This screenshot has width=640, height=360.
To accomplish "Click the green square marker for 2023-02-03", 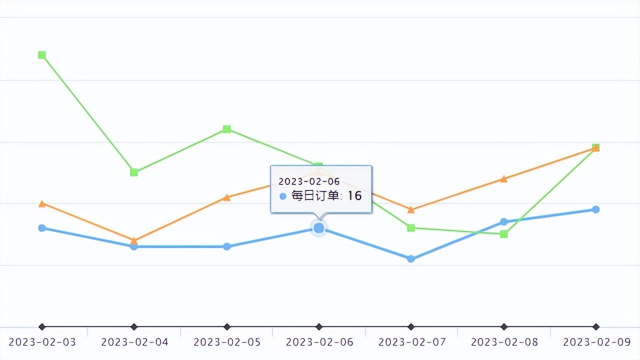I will tap(42, 55).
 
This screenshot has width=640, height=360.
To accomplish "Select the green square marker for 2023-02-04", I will tap(134, 172).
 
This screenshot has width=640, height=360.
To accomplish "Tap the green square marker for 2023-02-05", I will tap(226, 129).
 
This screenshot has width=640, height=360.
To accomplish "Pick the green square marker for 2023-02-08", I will tap(504, 234).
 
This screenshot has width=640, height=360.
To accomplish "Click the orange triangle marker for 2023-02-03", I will tap(42, 203).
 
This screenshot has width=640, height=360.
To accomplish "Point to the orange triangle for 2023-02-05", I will tap(226, 197).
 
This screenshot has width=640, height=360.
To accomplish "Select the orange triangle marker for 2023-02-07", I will tap(411, 209).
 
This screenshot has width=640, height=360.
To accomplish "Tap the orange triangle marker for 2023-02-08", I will tap(504, 178).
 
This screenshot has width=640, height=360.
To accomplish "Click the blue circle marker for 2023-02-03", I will tap(42, 228).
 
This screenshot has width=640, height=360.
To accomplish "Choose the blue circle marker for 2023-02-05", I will tap(226, 246).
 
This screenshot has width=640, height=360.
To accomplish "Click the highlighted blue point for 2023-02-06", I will tap(319, 228).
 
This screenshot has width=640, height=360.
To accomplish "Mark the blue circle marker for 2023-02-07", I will tap(411, 259).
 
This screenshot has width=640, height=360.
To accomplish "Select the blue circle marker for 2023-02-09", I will tap(596, 209).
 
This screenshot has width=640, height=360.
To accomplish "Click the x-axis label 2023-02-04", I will tap(134, 342).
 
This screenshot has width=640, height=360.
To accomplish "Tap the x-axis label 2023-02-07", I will tap(412, 342).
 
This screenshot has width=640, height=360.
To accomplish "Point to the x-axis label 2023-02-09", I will tap(597, 342).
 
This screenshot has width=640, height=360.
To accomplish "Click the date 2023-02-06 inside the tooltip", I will tap(309, 181).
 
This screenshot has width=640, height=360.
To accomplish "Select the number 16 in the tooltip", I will tap(354, 196).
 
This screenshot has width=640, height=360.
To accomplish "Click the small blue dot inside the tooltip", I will tap(283, 196).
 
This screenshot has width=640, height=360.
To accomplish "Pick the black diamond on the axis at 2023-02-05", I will tap(226, 327).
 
